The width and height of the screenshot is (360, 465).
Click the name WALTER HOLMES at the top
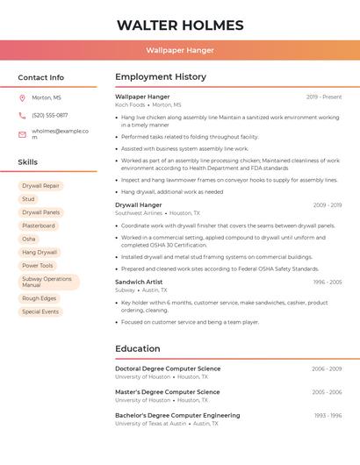coord(180,25)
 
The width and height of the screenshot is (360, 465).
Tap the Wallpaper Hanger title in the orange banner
coord(180,50)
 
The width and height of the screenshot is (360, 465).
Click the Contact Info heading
coord(40,77)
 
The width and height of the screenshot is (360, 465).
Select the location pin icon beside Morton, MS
coord(22,98)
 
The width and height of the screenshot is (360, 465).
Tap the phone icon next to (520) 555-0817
coord(22,115)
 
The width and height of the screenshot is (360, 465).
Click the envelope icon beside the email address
coord(22,134)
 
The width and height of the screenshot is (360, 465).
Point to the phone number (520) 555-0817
coord(50,115)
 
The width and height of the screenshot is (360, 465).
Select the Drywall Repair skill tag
coord(40,186)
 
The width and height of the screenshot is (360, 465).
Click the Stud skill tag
coord(29,199)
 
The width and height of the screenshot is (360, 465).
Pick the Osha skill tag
coord(29,239)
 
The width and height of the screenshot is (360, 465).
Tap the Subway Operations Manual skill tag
coord(47,282)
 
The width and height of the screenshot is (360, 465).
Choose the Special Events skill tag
coord(40,311)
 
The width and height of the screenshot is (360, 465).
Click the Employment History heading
coord(161,77)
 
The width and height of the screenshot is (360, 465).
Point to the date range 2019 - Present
coord(324,97)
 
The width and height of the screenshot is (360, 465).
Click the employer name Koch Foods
coord(130,104)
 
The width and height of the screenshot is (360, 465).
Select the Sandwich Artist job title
coord(139,282)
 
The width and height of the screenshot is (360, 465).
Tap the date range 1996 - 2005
coord(328,282)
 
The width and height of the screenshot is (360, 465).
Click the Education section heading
coord(138,348)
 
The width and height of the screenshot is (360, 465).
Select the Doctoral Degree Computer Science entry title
coord(168,368)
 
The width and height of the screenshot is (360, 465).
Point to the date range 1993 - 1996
coord(328,415)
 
